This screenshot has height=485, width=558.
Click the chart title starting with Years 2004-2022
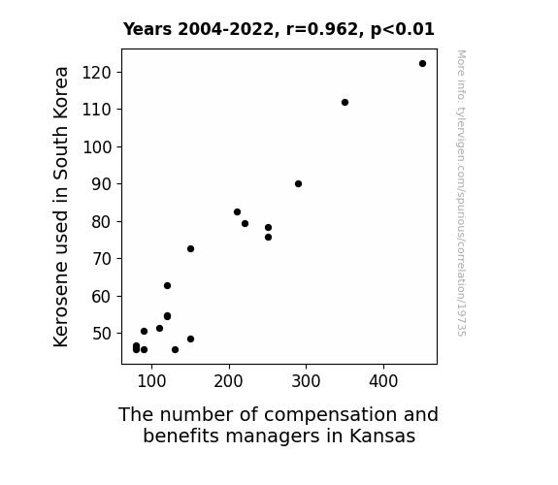(279, 29)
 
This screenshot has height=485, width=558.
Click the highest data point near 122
(422, 64)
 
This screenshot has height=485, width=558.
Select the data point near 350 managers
(345, 103)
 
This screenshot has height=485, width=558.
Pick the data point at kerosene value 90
(298, 184)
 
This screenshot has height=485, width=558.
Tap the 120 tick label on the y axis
(97, 73)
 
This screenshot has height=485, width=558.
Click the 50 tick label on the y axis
(102, 334)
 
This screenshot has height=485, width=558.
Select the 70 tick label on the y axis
(102, 259)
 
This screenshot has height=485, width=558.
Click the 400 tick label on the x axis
(383, 381)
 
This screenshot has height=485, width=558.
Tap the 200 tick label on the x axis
(228, 381)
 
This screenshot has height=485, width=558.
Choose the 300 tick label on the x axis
(306, 381)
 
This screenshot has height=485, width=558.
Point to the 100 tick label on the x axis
(151, 381)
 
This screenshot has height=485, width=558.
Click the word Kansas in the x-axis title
(382, 436)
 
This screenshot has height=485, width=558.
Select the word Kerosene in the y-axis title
(60, 305)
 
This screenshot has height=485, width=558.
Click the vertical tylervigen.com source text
(462, 193)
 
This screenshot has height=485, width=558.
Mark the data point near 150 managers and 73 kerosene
(191, 248)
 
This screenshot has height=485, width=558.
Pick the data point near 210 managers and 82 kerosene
(237, 212)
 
